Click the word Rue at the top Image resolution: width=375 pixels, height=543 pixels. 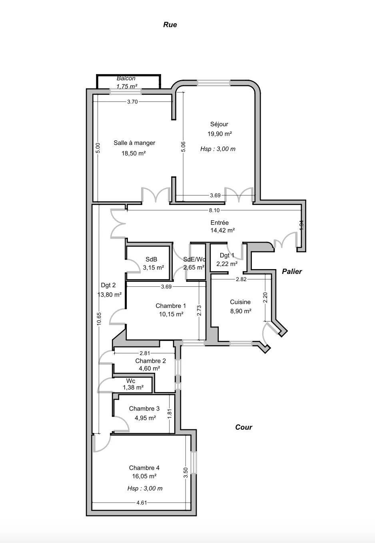click(170, 25)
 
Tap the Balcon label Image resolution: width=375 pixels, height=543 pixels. click(126, 78)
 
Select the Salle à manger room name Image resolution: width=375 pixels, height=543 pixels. click(134, 143)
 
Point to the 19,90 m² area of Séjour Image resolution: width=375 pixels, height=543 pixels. click(219, 134)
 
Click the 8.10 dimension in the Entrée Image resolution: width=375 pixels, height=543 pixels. click(214, 210)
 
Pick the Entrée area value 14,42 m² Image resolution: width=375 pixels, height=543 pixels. click(223, 230)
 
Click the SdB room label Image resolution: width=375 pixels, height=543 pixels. click(151, 259)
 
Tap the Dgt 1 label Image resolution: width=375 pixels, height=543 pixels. click(227, 255)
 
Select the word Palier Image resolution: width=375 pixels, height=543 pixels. click(292, 271)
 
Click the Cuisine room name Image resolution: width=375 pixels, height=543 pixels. click(240, 302)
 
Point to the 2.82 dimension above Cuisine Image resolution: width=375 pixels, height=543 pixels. click(241, 279)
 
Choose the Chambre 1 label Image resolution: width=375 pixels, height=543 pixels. click(171, 306)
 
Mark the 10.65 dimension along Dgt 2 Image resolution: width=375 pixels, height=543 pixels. click(99, 319)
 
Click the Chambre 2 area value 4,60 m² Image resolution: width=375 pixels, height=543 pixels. click(149, 368)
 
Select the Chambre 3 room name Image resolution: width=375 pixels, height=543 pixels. click(144, 409)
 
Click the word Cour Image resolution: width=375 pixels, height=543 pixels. click(243, 427)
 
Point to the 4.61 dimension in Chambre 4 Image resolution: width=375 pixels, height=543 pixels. click(142, 503)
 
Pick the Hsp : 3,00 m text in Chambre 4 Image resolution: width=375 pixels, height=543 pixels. click(145, 488)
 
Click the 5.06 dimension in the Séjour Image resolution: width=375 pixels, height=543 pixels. click(183, 147)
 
